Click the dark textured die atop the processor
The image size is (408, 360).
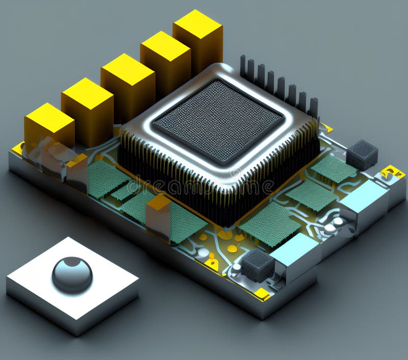tap(218, 121)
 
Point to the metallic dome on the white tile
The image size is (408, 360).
tap(72, 274)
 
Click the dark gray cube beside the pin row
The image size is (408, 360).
tap(362, 154)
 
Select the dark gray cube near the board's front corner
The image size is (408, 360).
tap(258, 265)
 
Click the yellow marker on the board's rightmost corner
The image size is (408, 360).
tap(393, 172)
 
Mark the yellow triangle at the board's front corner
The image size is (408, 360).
tap(262, 294)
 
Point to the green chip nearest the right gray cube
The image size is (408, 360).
tap(334, 168)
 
